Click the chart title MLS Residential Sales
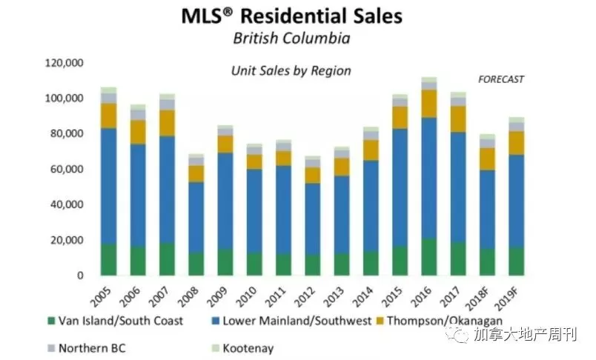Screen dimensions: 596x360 coord(291,16)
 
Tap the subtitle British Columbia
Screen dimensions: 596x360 coord(291,39)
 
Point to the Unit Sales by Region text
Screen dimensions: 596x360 coord(291,70)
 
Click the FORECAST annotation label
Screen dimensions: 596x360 coord(501,79)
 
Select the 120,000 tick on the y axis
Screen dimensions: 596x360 coord(64,63)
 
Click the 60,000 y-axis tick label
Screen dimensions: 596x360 coord(67,169)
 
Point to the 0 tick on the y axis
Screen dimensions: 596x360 coord(80,276)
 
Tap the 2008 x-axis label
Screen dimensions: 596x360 coord(188,296)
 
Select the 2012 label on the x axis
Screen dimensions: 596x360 coord(305,296)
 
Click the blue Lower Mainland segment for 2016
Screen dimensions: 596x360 coord(429,178)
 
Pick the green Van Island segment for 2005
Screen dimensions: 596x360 coord(108,259)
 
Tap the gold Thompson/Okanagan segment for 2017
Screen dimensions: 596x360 coord(458,119)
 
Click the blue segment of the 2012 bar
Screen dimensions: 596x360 coord(312,219)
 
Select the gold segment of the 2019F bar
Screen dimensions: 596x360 coord(517,143)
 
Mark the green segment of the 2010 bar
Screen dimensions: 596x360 coord(254,264)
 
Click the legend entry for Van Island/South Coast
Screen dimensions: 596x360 coord(116,321)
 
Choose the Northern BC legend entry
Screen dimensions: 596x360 coord(87,348)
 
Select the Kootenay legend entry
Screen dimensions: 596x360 coord(242,348)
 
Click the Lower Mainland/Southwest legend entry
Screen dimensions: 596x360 coord(291,321)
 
